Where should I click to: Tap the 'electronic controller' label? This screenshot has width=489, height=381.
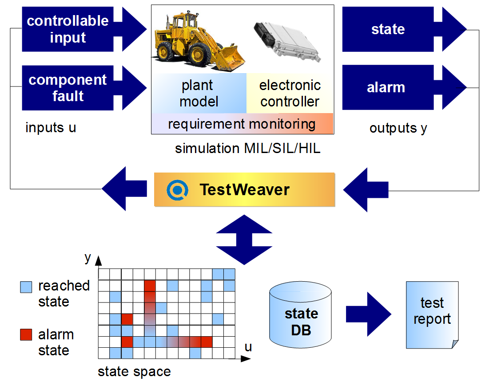click(290, 93)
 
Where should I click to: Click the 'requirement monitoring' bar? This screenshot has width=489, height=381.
click(242, 124)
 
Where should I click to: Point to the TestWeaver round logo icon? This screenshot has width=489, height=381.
click(175, 190)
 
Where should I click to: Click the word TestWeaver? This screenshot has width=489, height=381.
click(244, 190)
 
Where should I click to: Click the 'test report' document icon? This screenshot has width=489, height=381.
click(432, 314)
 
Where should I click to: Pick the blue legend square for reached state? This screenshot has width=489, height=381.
click(27, 287)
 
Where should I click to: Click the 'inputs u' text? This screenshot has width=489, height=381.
click(51, 128)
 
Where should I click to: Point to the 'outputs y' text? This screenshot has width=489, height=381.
click(398, 128)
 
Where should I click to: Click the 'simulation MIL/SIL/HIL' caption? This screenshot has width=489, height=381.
click(247, 149)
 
